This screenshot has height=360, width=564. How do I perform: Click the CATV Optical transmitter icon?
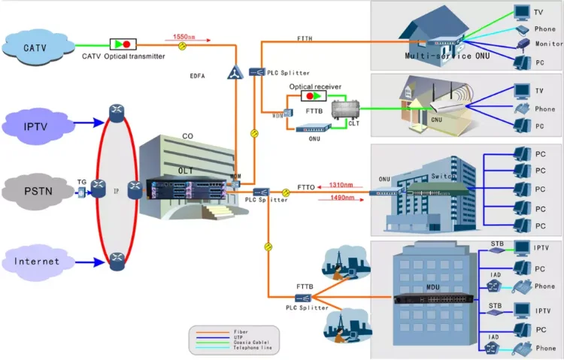point(121,44)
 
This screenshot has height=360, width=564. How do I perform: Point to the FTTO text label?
point(305,186)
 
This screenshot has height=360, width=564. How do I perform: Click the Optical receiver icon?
point(315,97)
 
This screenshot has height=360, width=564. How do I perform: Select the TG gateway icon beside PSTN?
point(82,192)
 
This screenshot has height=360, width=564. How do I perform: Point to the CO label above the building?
point(188,137)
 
